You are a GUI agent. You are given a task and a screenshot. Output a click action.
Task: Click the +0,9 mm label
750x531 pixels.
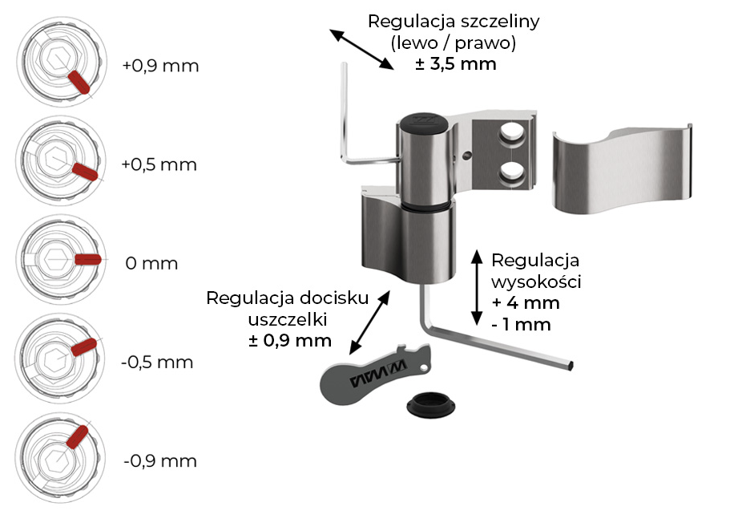point(160,66)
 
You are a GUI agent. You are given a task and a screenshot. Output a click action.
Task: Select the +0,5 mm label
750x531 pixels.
point(159,164)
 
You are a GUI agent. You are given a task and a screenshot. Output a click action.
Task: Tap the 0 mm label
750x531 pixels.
point(151,263)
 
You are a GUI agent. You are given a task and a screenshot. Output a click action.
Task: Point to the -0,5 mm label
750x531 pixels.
point(157,362)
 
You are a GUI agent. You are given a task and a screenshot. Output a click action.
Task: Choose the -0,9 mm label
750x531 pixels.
point(159,461)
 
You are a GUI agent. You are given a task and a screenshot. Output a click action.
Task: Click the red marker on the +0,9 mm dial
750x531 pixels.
point(79,82)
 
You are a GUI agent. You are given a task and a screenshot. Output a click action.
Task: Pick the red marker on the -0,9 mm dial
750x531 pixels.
point(76,438)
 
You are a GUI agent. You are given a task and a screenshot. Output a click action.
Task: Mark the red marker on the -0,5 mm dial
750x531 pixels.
point(83,347)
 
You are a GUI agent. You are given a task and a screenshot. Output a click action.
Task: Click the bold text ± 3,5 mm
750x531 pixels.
point(455,63)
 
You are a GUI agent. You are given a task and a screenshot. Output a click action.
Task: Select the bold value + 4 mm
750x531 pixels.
point(526,303)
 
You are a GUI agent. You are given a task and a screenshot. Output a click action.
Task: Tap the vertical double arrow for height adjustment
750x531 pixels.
point(474,283)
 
